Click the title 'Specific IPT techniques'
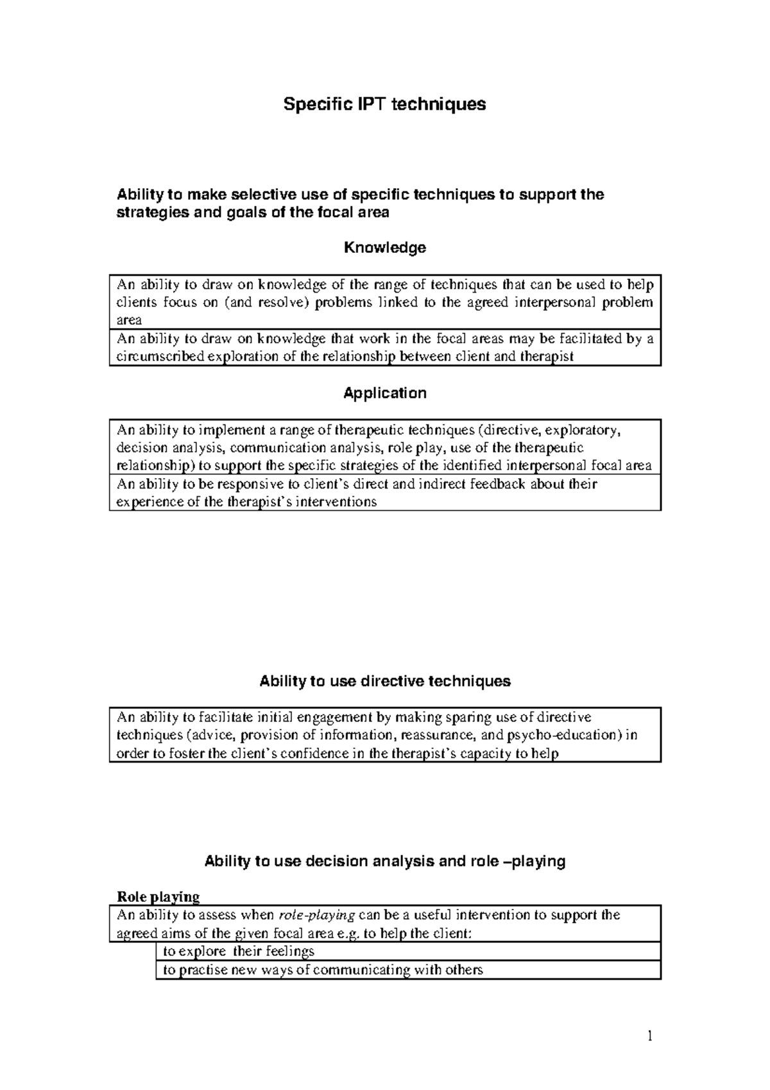click(x=384, y=104)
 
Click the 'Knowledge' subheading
click(x=384, y=248)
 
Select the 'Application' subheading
click(x=384, y=393)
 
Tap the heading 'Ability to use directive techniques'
click(x=384, y=681)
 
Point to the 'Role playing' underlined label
click(x=157, y=896)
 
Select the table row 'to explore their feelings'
click(x=239, y=951)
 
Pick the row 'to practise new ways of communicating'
click(x=322, y=970)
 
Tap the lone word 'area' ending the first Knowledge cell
click(x=128, y=320)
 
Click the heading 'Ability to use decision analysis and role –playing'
click(x=384, y=861)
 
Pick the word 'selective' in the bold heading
click(x=257, y=195)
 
